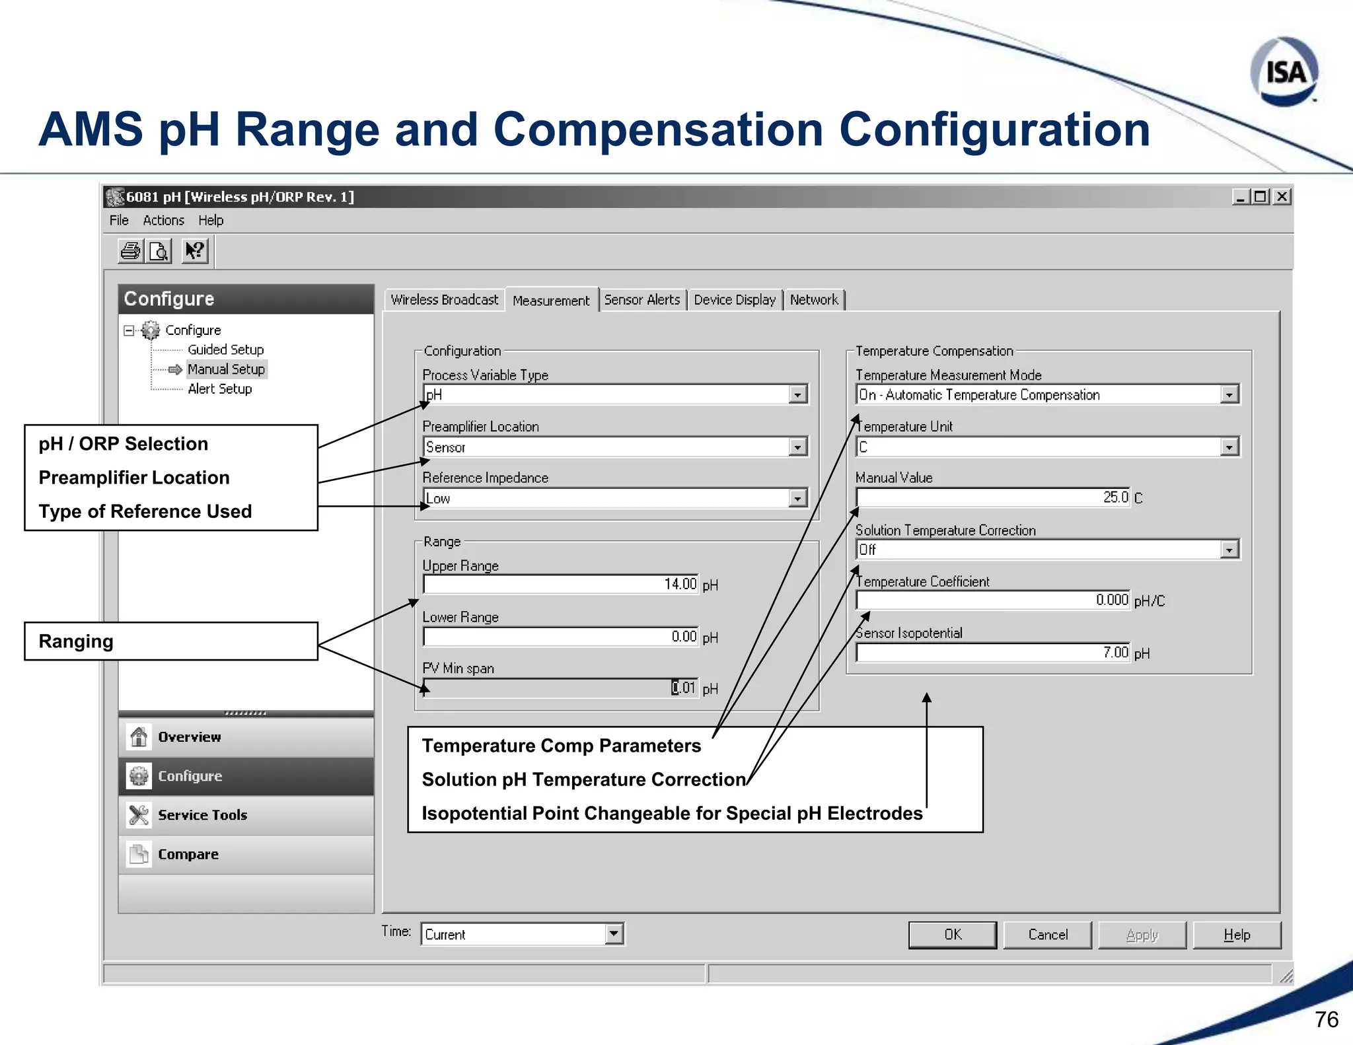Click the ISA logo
pos(1284,72)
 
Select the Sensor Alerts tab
pos(641,300)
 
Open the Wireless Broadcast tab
pos(444,300)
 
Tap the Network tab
pos(814,300)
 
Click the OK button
pos(952,935)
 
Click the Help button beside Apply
pos(1237,935)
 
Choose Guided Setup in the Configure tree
pos(225,349)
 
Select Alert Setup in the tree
pos(219,389)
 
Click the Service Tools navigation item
pos(202,815)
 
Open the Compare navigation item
pos(188,854)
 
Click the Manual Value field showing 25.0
pos(992,497)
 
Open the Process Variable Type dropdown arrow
pos(798,395)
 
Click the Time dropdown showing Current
pos(522,934)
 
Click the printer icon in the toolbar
pos(131,251)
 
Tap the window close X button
pos(1282,197)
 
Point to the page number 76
pos(1326,1019)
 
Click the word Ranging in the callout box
pos(76,641)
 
